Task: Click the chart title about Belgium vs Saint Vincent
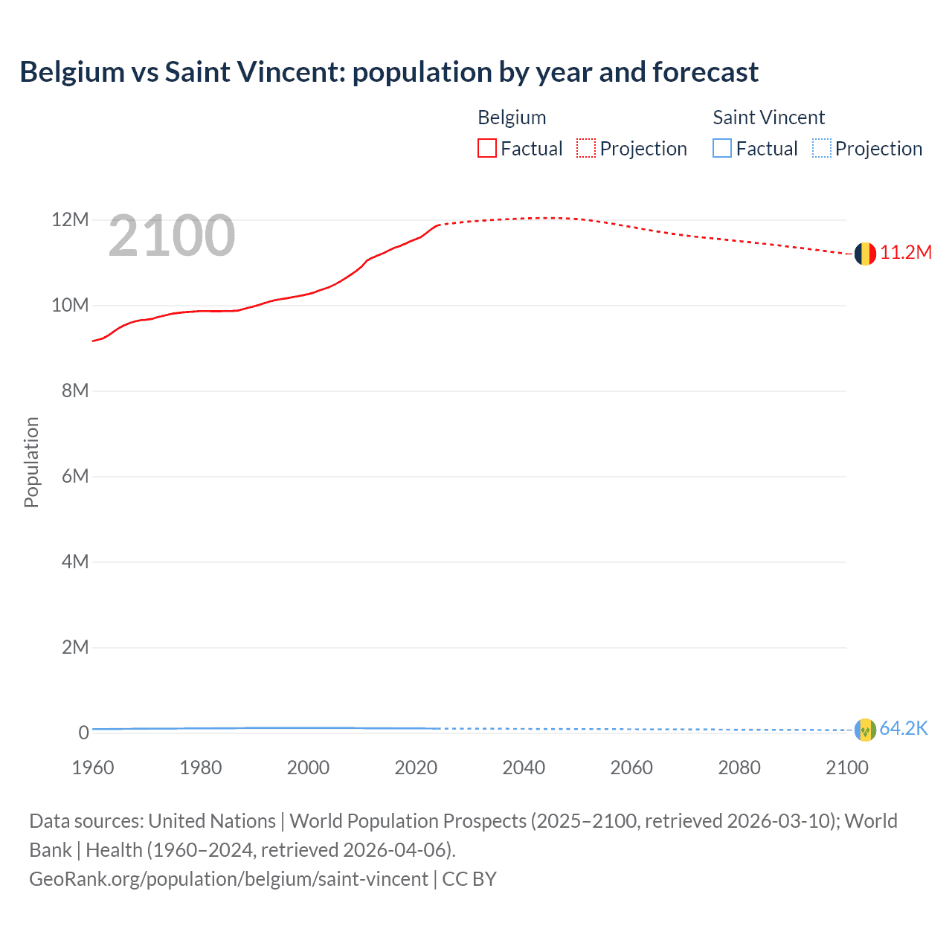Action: click(389, 72)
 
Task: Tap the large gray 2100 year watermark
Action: click(172, 236)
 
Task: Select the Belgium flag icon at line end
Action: click(865, 254)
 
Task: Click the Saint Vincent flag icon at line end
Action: click(865, 730)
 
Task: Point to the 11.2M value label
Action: click(906, 253)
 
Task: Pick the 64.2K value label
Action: click(904, 729)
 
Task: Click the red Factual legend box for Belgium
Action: click(487, 149)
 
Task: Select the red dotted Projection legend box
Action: click(586, 149)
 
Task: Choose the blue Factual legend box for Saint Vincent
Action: click(722, 149)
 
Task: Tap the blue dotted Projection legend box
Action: click(822, 149)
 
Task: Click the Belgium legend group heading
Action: click(512, 118)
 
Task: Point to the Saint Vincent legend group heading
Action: click(768, 118)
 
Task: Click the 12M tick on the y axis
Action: click(70, 220)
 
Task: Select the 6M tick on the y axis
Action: click(74, 476)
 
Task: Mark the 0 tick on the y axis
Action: click(83, 733)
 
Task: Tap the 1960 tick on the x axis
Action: click(93, 768)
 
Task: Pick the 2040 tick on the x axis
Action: click(524, 768)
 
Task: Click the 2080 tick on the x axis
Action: click(739, 768)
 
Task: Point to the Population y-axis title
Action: click(31, 462)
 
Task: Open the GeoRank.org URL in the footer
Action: click(229, 879)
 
